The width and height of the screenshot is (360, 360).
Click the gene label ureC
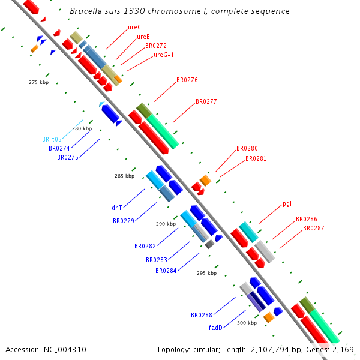[134, 28]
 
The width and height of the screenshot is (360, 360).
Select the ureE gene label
[143, 37]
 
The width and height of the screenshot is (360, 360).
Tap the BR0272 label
[155, 46]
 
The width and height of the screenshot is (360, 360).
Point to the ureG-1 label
[164, 55]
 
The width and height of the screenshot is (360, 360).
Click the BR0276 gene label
[187, 80]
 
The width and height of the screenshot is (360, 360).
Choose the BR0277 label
[206, 102]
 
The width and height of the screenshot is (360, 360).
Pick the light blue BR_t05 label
[52, 139]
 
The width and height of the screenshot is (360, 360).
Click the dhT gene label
[117, 208]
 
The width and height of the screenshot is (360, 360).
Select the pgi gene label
[287, 203]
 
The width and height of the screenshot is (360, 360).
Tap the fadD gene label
[215, 328]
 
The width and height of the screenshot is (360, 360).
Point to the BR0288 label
[202, 315]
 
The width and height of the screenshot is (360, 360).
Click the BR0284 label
[166, 271]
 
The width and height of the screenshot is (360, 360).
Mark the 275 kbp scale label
[38, 82]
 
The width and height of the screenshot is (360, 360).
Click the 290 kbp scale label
[166, 224]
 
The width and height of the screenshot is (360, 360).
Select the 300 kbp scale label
[247, 323]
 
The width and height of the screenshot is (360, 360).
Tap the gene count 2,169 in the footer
[344, 349]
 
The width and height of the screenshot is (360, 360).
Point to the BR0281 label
[256, 159]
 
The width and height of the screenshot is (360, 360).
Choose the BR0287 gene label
[313, 229]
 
